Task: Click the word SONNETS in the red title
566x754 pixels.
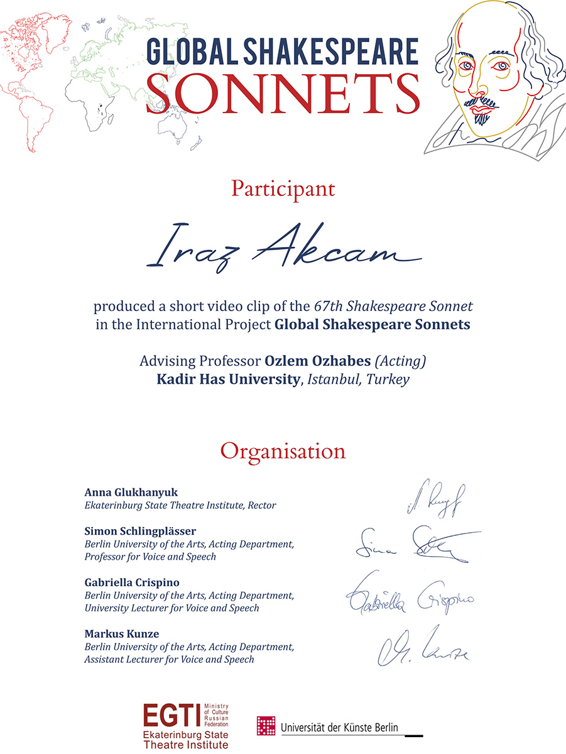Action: (283, 94)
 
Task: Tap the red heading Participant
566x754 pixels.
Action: (283, 188)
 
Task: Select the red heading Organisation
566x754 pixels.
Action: (283, 451)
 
